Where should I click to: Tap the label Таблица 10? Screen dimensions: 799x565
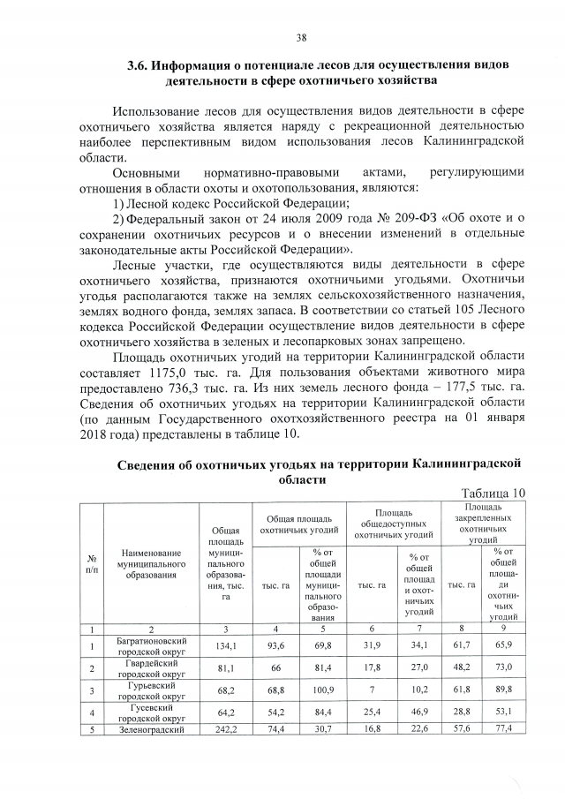[x=494, y=493]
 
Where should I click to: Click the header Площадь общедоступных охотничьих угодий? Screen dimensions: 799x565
[x=393, y=523]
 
